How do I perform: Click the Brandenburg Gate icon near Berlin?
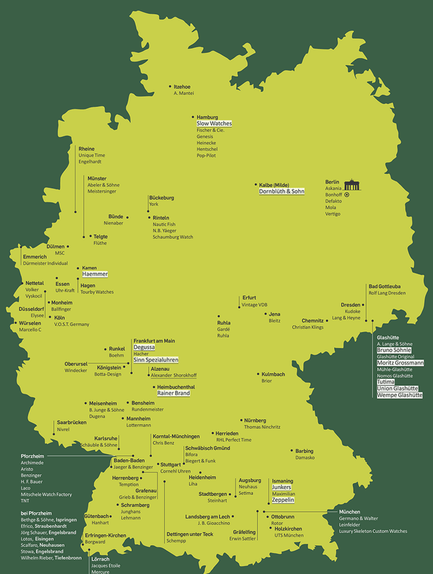(x=353, y=184)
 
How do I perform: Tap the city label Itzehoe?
(x=182, y=87)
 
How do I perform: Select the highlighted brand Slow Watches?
(x=214, y=124)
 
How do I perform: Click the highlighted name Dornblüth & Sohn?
(x=281, y=191)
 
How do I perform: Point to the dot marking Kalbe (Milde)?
(x=256, y=185)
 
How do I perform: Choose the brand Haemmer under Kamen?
(x=95, y=274)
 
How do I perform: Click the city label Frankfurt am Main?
(x=154, y=341)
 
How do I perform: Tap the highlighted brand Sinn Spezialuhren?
(x=156, y=360)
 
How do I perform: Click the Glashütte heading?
(x=388, y=337)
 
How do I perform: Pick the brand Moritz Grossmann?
(x=400, y=363)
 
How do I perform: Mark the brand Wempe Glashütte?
(x=400, y=395)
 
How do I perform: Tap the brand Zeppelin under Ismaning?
(x=283, y=500)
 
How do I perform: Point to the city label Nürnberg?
(x=255, y=421)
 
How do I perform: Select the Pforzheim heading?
(x=32, y=456)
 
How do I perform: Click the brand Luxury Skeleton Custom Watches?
(x=373, y=531)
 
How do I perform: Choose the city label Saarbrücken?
(x=72, y=423)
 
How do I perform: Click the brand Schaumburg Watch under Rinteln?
(x=173, y=237)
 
